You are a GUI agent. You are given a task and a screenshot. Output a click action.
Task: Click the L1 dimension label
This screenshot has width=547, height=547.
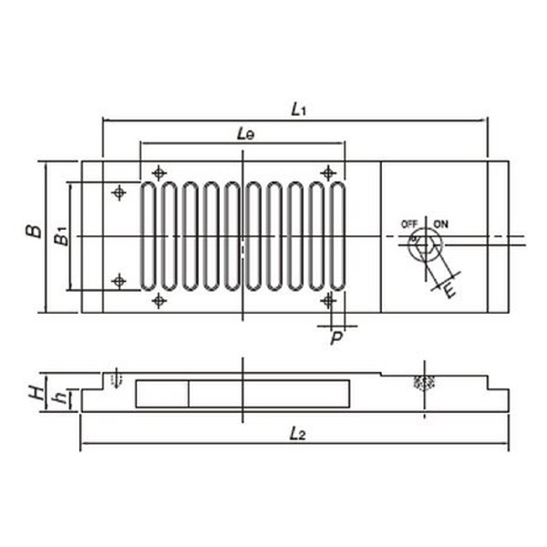(298, 109)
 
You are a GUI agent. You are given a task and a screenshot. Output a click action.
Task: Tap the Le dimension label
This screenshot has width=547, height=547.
(245, 134)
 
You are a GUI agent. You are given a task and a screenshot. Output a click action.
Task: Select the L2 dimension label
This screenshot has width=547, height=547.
(297, 434)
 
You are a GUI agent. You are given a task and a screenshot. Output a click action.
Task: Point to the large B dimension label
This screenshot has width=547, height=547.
(34, 232)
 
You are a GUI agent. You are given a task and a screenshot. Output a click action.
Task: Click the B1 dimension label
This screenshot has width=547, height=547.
(61, 236)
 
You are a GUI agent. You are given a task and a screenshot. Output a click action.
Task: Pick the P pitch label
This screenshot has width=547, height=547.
(336, 337)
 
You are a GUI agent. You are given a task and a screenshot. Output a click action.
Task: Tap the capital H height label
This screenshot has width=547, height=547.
(36, 393)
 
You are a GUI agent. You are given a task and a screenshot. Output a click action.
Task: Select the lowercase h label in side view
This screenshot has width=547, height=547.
(62, 397)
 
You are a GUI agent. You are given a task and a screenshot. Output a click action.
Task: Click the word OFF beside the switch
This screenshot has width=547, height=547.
(409, 224)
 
